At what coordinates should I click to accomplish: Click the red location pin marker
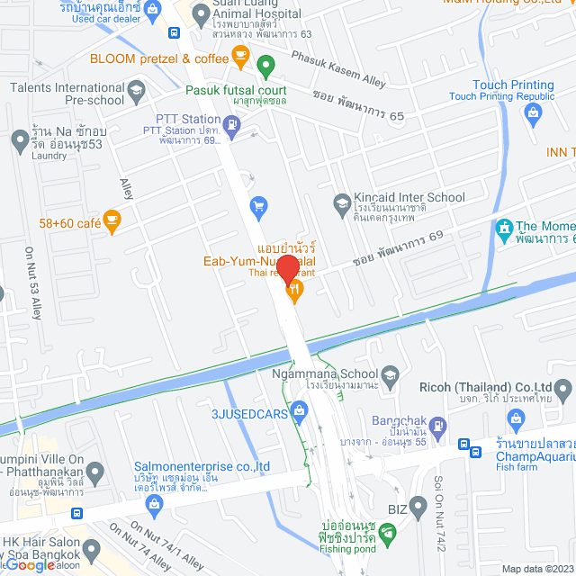287,268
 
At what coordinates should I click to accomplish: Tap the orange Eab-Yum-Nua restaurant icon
293,291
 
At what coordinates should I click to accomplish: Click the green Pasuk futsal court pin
265,66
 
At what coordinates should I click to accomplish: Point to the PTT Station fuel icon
231,130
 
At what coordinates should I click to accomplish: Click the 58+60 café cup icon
112,220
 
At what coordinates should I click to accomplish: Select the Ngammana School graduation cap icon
390,373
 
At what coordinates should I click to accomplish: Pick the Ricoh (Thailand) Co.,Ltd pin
563,390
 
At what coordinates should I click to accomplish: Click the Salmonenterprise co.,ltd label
202,466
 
